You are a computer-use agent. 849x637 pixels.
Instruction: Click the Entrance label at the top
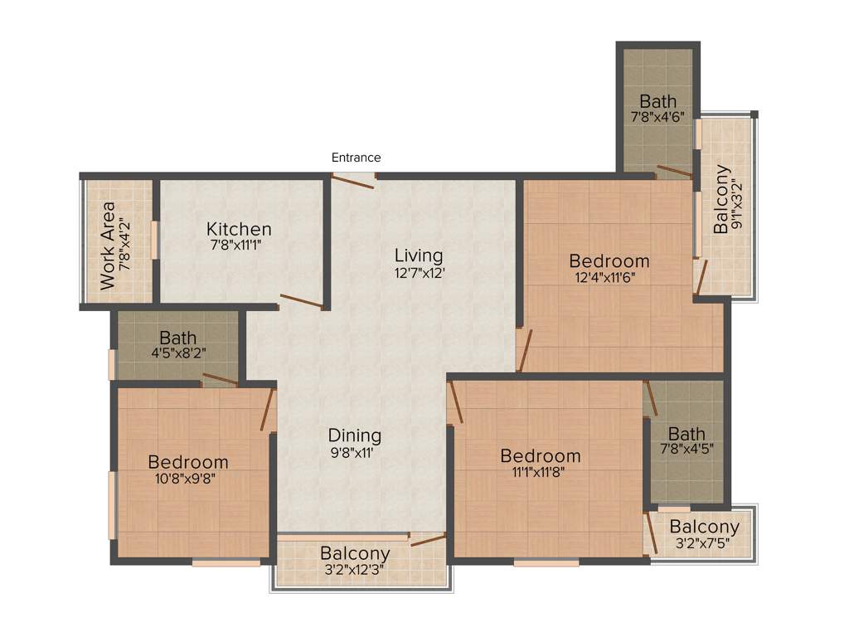click(356, 158)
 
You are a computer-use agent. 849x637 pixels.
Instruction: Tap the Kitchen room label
click(239, 229)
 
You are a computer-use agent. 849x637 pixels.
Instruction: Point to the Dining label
click(354, 435)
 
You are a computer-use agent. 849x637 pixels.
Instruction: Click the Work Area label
click(108, 245)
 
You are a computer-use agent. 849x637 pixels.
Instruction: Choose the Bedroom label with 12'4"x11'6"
click(609, 261)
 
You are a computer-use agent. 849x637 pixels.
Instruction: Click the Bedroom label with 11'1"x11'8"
click(541, 456)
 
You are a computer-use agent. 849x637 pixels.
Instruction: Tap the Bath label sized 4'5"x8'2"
click(178, 338)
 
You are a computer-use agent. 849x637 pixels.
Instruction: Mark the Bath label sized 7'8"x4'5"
click(686, 434)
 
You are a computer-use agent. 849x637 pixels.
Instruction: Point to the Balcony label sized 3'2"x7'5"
click(705, 527)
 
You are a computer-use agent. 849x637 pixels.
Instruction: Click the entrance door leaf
click(353, 182)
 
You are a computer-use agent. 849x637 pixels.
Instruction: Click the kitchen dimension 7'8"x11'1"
click(239, 246)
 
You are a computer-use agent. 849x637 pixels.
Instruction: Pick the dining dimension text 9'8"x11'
click(354, 452)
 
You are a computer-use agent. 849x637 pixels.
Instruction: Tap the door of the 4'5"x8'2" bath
click(221, 380)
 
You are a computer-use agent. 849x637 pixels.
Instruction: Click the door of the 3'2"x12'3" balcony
click(428, 540)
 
